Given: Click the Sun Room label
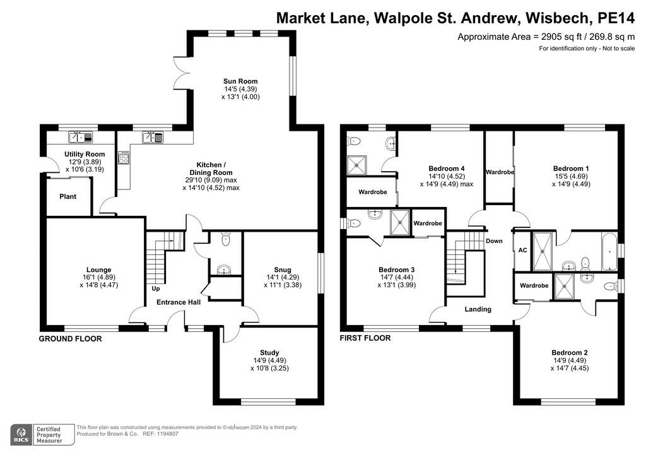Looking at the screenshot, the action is click(240, 81).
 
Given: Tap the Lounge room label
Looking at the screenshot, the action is click(99, 270).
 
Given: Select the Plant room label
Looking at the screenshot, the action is click(68, 196).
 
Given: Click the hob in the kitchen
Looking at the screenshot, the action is click(124, 158).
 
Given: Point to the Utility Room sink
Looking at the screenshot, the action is click(80, 137).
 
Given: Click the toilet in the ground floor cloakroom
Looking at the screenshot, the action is click(225, 239).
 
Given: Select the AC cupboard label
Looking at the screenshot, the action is click(522, 250).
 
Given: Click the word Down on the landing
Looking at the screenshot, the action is click(494, 241).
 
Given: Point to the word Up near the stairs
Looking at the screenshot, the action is click(156, 288).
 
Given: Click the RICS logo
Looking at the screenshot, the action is click(21, 435).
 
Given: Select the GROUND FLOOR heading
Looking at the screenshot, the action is click(70, 339).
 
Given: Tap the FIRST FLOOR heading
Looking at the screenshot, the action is click(365, 338).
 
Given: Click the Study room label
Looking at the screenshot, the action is click(269, 353).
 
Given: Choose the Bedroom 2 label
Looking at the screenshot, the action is click(570, 353).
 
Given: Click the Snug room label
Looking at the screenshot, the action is click(283, 270).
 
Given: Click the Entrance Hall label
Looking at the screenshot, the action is click(179, 302).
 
